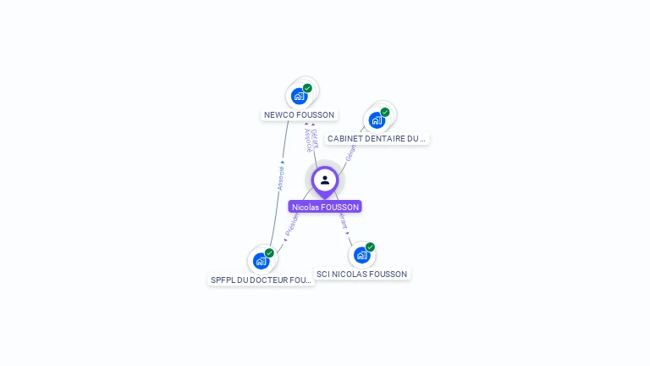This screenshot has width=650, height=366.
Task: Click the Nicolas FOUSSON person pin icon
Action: pos(325,180)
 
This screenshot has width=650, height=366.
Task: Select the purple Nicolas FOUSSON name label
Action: pos(325,207)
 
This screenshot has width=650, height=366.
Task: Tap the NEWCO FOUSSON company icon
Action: pos(299,96)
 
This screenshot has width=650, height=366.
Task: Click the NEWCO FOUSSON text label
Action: pos(300,115)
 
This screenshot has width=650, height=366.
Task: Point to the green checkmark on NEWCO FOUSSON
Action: pos(307,88)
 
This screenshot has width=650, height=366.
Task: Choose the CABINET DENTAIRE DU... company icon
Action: pos(377,119)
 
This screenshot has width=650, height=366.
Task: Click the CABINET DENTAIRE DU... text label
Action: pos(377,138)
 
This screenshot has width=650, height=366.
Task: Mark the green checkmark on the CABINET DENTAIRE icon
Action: pos(385,112)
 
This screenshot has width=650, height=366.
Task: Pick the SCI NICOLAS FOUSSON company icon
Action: pos(362,255)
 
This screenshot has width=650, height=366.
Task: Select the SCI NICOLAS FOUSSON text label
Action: pos(362,274)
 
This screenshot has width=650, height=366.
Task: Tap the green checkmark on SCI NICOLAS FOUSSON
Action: pos(370,247)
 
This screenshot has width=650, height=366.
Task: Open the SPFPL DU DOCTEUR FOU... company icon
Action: pos(262,261)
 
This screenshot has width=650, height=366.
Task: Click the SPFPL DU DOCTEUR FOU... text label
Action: pos(262,280)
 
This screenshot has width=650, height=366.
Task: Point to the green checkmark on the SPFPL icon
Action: pos(269,252)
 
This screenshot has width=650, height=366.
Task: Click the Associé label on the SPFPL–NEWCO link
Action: pos(280,178)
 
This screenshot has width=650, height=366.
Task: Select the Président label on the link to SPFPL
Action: pos(292,222)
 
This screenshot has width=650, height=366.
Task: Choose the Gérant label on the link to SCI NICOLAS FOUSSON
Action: pos(344,220)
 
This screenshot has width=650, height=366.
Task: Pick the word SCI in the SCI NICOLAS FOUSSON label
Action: pos(323,274)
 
